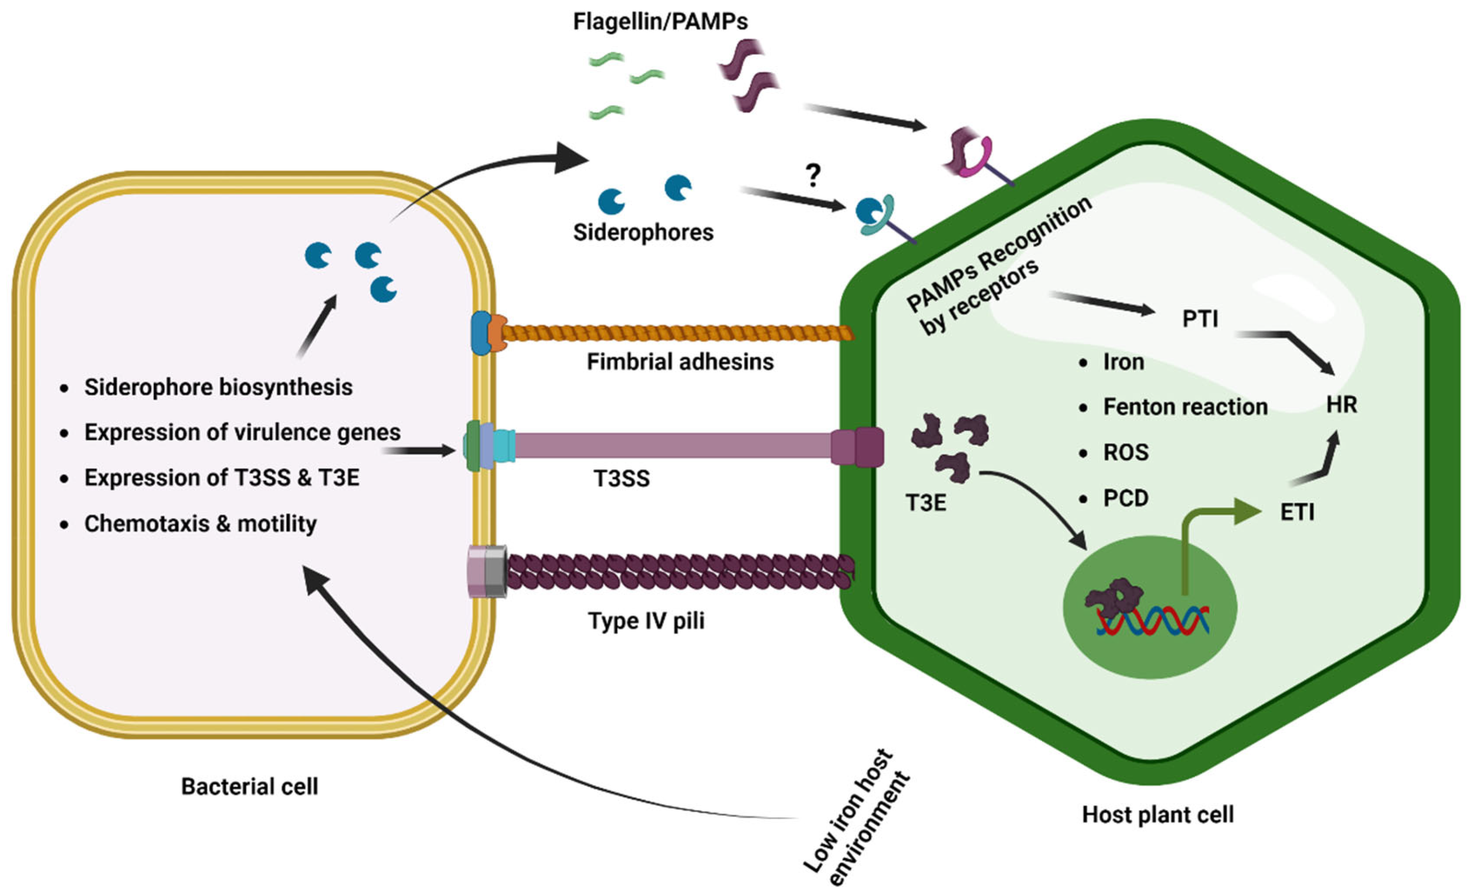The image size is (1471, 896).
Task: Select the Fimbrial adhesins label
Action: (x=680, y=362)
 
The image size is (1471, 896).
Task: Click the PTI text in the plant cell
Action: (x=1200, y=319)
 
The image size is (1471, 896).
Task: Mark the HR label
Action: (x=1342, y=405)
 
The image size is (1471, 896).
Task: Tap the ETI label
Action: (x=1297, y=512)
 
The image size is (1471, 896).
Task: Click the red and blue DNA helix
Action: (x=1152, y=621)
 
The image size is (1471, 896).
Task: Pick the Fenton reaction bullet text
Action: (x=1185, y=407)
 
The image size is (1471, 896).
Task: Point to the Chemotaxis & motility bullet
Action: (x=200, y=523)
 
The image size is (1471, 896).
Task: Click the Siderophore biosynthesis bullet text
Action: (x=218, y=387)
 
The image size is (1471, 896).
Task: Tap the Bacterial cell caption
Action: (x=249, y=786)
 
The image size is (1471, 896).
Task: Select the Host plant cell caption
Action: (x=1158, y=814)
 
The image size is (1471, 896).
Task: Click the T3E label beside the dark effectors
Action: (x=925, y=503)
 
